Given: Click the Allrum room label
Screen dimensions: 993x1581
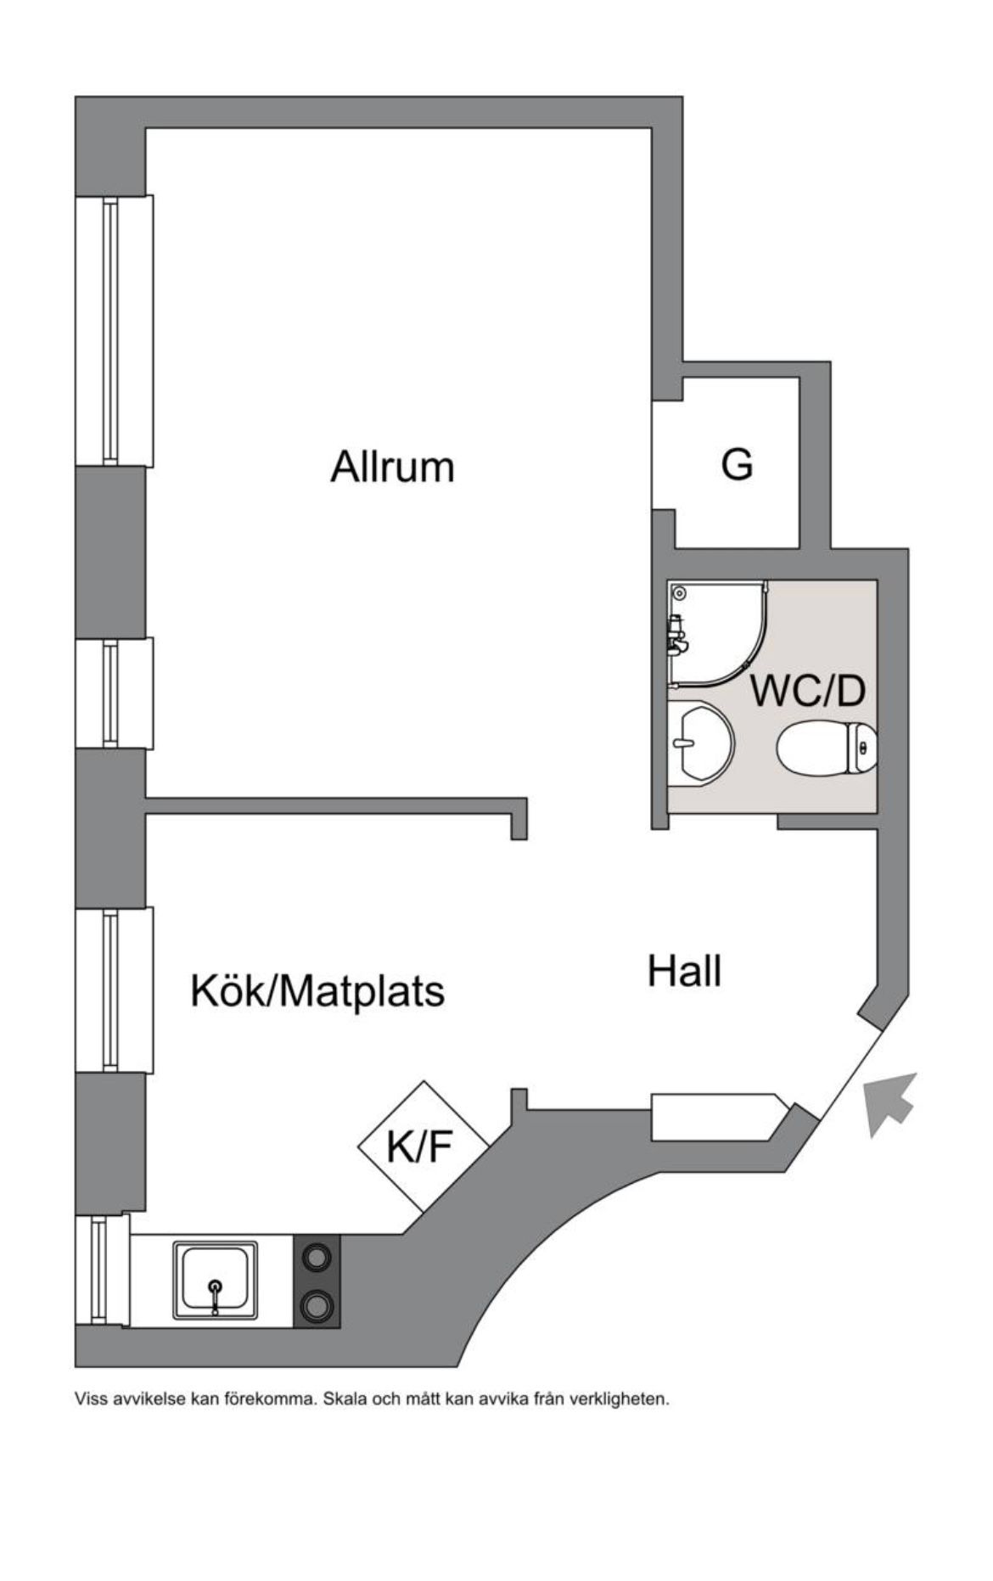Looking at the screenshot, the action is pyautogui.click(x=392, y=467).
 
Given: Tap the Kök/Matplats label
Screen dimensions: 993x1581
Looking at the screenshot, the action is pyautogui.click(x=317, y=990).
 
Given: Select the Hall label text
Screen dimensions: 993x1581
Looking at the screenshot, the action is pyautogui.click(x=684, y=970).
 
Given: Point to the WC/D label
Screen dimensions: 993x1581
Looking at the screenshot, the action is pyautogui.click(x=808, y=692).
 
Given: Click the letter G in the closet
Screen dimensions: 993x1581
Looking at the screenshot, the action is pyautogui.click(x=737, y=464).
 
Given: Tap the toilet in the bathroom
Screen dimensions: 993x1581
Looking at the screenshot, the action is pyautogui.click(x=827, y=748).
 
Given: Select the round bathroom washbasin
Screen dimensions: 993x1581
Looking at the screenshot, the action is pyautogui.click(x=701, y=742).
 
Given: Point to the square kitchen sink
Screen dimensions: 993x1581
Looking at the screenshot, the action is pyautogui.click(x=216, y=1281).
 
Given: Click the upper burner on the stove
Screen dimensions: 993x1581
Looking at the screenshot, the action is pyautogui.click(x=317, y=1256).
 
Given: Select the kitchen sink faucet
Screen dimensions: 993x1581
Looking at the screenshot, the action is pyautogui.click(x=216, y=1295).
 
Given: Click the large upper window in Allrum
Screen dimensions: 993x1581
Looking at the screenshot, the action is pyautogui.click(x=115, y=330).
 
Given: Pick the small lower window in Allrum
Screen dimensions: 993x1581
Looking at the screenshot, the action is pyautogui.click(x=115, y=693).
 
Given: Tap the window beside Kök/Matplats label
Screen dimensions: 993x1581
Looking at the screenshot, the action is pyautogui.click(x=115, y=990).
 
